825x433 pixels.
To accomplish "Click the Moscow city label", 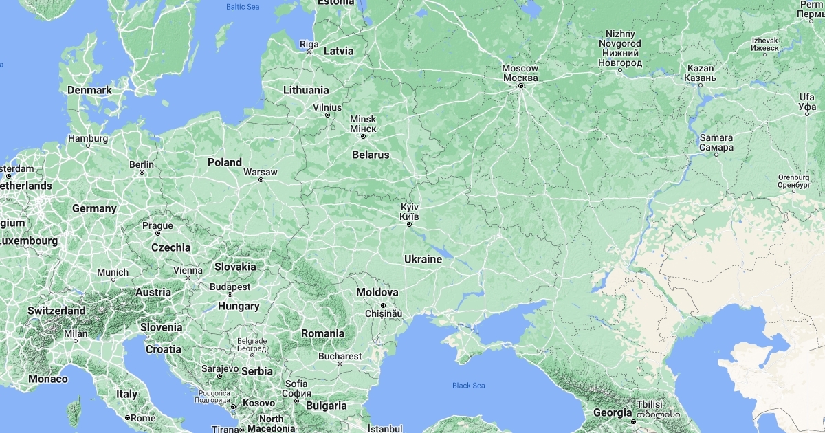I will point(520,73).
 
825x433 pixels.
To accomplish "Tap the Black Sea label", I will point(468,386).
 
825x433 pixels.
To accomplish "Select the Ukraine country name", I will point(423,259).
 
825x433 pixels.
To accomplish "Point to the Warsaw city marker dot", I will point(261,180).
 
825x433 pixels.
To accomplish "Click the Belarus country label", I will point(371,155).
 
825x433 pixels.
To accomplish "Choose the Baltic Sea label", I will point(243,7).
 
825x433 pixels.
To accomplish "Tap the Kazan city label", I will point(701,73).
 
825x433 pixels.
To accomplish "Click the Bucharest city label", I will point(340,356).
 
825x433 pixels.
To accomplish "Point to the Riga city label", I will point(309,44).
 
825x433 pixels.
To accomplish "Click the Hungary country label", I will point(239,306).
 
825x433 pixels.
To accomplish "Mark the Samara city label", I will point(716,142).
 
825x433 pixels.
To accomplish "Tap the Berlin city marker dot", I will point(142,173).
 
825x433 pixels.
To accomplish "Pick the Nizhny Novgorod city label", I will point(619,48).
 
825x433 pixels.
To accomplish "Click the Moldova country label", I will point(377,293).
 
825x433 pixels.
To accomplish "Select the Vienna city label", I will point(188,270).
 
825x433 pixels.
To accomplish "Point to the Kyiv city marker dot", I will point(409,224).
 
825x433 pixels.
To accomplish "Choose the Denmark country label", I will point(89,90).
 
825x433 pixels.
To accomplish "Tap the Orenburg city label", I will point(793,181).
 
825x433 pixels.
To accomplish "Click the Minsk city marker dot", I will point(363,137).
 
